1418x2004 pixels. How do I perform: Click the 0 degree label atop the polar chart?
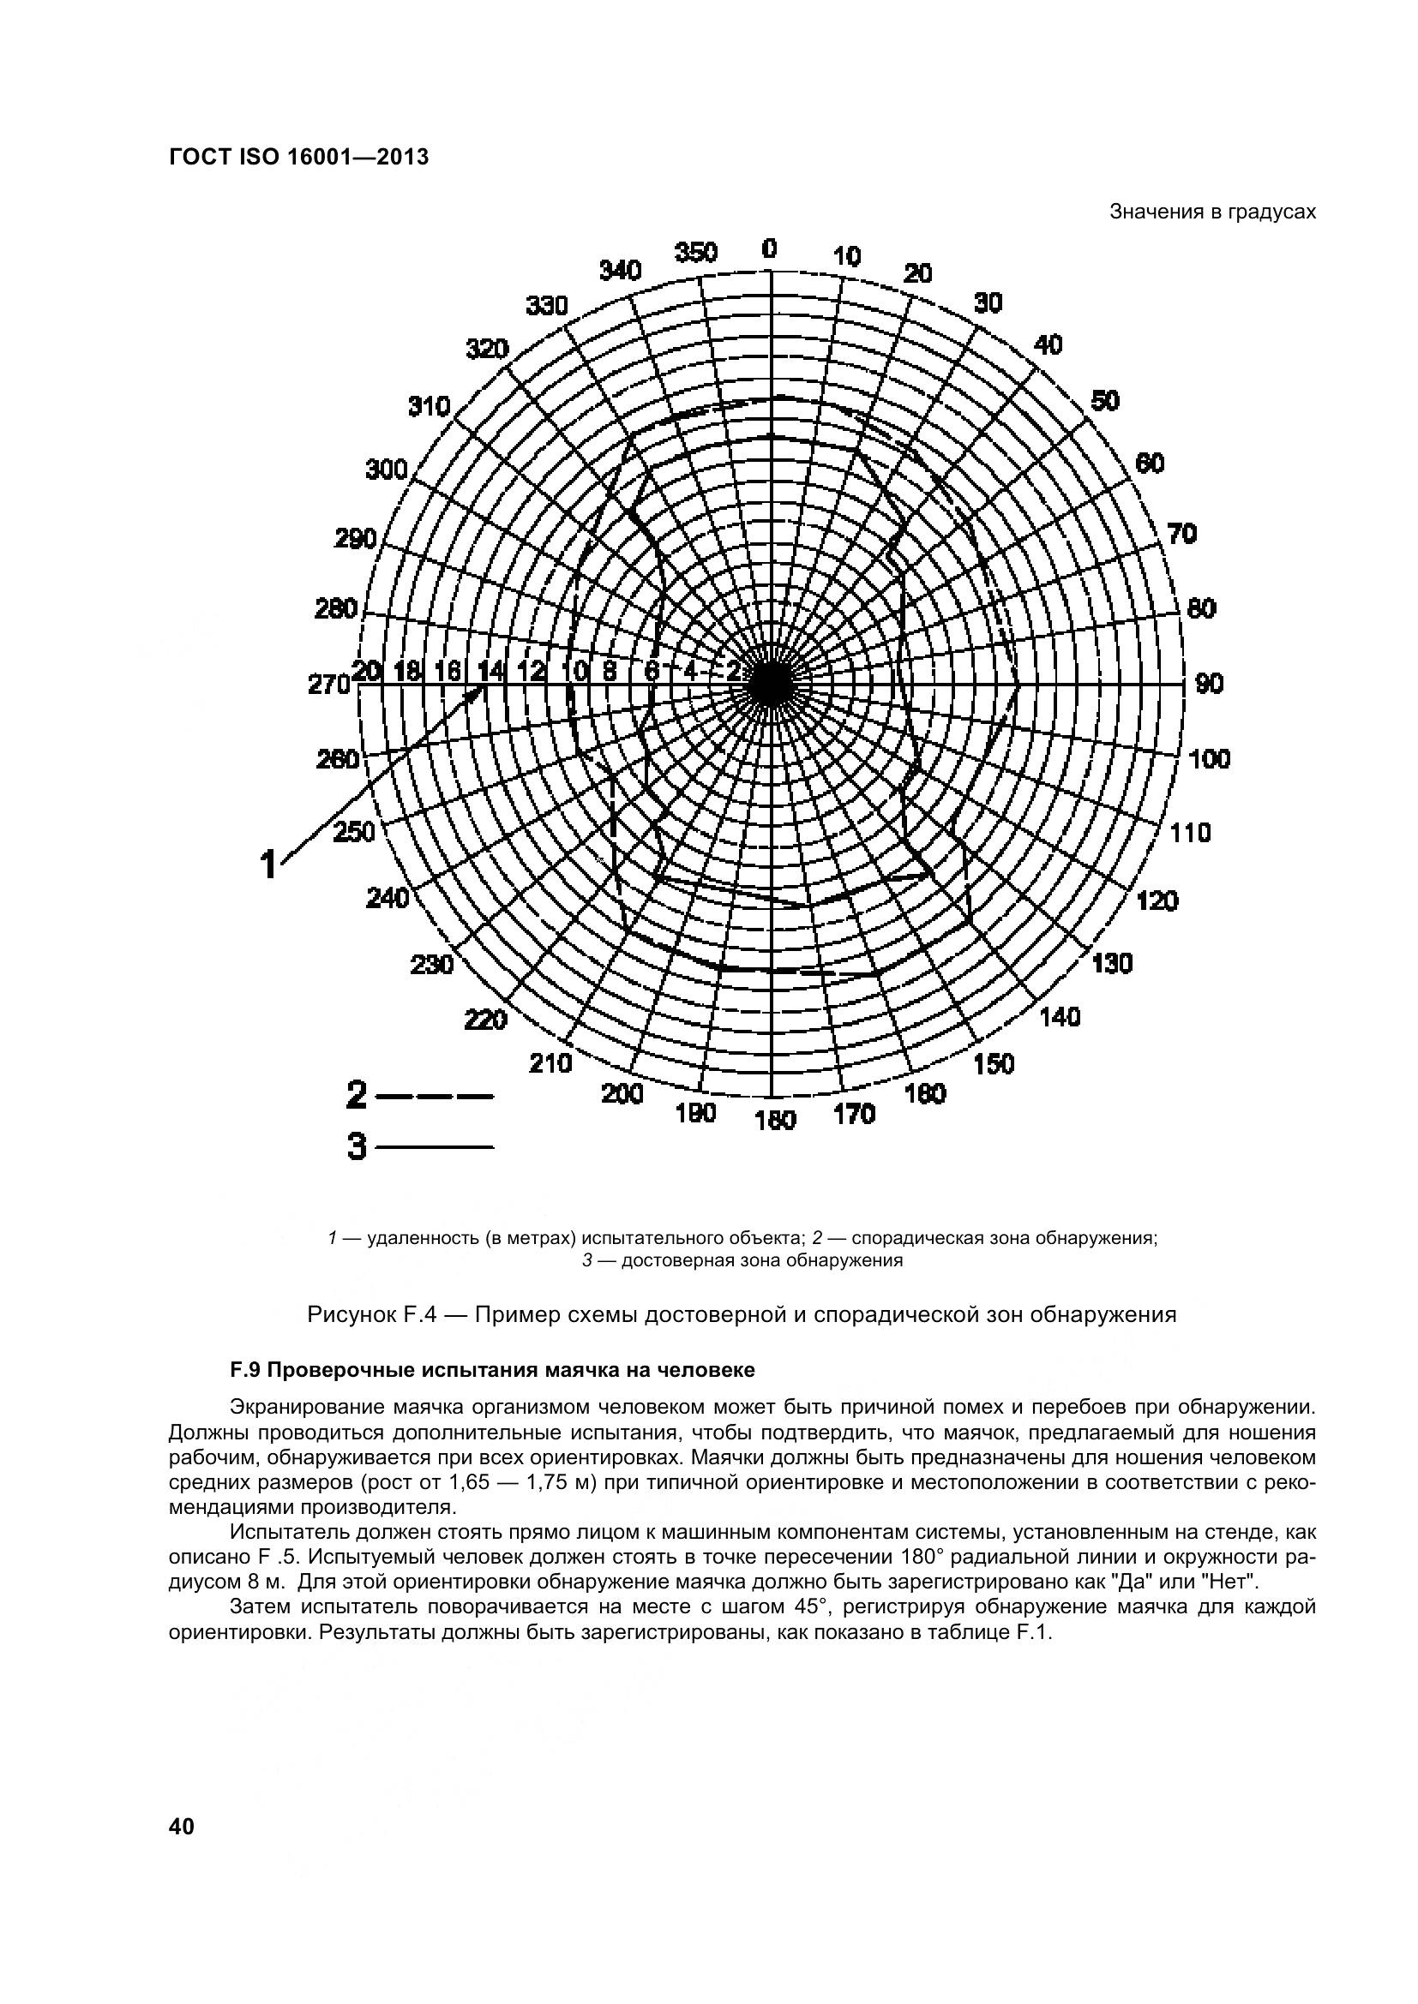[768, 248]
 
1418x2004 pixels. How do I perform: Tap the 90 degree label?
[1210, 684]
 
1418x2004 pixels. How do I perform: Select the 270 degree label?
[328, 685]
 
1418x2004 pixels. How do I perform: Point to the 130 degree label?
[1112, 964]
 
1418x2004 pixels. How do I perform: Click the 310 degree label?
[429, 407]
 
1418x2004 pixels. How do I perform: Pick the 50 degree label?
[1104, 401]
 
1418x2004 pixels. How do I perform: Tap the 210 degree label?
[551, 1063]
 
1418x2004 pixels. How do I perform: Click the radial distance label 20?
[367, 670]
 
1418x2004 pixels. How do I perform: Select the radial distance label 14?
[490, 670]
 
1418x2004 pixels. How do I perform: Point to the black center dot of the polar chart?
[769, 684]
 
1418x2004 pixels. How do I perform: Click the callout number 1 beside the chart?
[270, 864]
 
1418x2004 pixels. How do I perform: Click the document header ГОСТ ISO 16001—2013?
[297, 158]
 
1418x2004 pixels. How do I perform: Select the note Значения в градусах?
[1212, 212]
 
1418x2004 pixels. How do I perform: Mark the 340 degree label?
[620, 271]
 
